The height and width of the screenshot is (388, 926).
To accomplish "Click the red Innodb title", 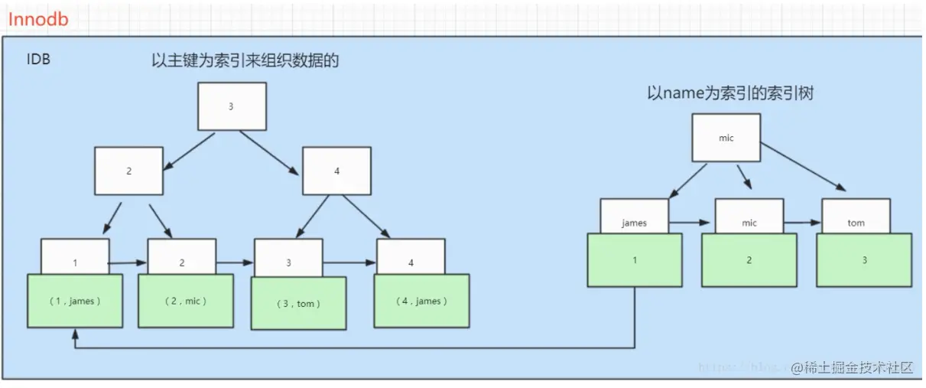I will [x=38, y=18].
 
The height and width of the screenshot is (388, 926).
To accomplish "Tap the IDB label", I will [x=38, y=59].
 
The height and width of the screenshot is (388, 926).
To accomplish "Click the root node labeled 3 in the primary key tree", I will [x=232, y=106].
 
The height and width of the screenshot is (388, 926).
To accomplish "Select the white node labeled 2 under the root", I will [x=128, y=171].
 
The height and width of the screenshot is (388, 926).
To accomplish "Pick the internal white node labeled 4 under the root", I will [x=336, y=171].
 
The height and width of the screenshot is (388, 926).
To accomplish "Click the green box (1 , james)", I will [x=75, y=301].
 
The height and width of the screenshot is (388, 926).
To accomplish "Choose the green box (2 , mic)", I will [x=186, y=301].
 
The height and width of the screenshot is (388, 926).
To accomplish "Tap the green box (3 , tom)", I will [x=299, y=303].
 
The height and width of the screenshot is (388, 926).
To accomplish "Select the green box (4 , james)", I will [x=421, y=301].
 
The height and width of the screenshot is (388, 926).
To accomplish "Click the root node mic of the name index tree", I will [x=726, y=138].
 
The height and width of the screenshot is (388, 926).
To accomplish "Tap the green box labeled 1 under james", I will [x=634, y=260].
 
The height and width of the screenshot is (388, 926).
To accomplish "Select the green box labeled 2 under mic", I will [x=749, y=260].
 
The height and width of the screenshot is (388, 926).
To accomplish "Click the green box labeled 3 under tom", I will [x=864, y=260].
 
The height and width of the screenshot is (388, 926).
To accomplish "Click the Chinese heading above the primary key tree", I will [x=245, y=61].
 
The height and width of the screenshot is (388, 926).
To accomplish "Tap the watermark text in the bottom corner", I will [x=853, y=367].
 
